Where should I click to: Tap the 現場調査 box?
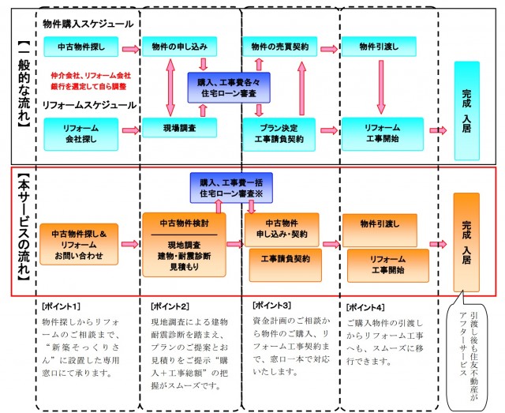click(179, 126)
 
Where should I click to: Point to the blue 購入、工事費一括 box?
click(230, 186)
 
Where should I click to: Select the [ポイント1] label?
click(63, 305)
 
